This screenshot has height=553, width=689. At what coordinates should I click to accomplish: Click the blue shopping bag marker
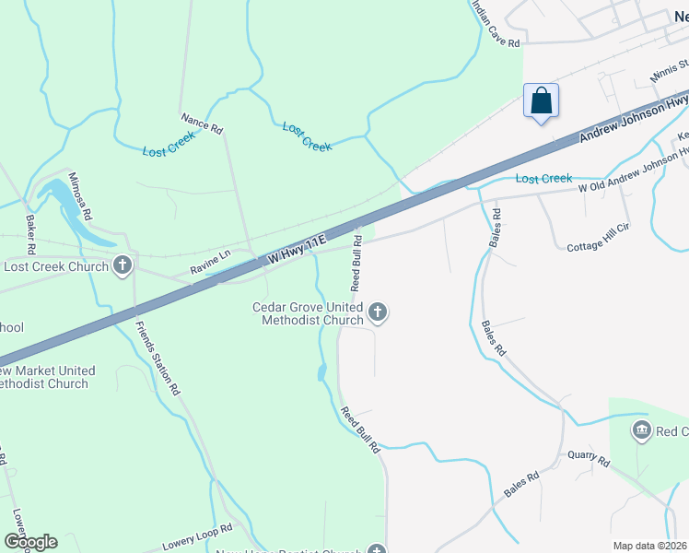coord(541,100)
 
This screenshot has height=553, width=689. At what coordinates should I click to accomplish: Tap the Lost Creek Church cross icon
coord(122,266)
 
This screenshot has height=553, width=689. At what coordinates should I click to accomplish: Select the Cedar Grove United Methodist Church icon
coord(377,313)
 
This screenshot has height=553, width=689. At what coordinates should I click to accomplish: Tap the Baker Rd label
coord(30,234)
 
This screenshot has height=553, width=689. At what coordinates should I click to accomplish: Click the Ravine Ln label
coord(210,264)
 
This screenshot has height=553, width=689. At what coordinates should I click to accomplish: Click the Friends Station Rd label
coord(157,358)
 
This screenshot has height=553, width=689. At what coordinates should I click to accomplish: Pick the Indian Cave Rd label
coord(496,25)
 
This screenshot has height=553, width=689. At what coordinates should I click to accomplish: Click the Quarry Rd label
coord(589,458)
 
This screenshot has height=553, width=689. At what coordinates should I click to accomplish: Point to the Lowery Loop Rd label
coord(196,534)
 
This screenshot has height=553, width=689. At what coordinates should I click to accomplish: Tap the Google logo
coord(29,542)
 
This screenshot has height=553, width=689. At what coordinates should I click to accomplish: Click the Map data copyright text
coord(648,546)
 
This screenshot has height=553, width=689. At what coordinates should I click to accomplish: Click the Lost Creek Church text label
coord(57,266)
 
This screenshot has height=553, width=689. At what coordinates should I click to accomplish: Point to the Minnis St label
coord(669,70)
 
